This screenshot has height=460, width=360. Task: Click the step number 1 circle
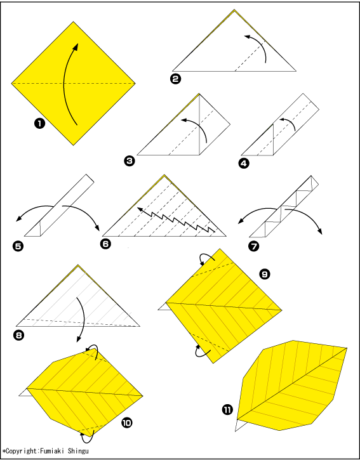39,124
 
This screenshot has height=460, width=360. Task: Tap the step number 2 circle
176,79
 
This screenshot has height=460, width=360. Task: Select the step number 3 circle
130,161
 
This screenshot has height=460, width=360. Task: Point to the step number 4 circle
244,163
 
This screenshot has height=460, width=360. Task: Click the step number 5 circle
18,246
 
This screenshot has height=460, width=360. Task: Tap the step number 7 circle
254,246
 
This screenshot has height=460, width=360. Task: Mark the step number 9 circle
264,274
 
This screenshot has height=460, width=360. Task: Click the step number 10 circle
126,423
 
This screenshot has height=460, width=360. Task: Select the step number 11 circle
227,410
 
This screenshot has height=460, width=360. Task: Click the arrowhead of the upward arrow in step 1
76,46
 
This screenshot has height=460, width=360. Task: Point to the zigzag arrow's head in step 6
140,209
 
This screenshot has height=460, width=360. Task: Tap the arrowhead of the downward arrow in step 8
78,339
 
